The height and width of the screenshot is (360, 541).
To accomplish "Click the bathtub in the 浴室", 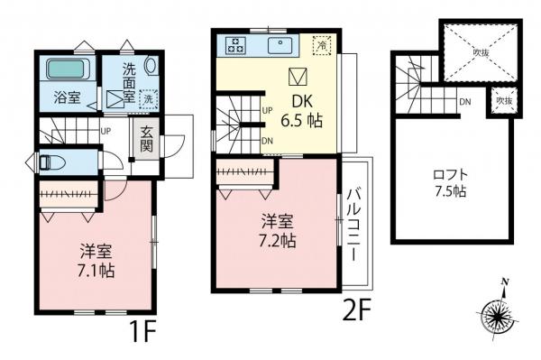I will [65, 69].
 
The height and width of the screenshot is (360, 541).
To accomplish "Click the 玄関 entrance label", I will [144, 139].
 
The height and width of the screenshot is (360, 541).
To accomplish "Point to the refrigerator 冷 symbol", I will [320, 43].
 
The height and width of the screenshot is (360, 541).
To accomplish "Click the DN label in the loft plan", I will [465, 102].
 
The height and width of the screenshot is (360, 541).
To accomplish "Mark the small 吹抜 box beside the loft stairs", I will [500, 102].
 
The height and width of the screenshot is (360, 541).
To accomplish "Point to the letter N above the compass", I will [504, 282].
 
